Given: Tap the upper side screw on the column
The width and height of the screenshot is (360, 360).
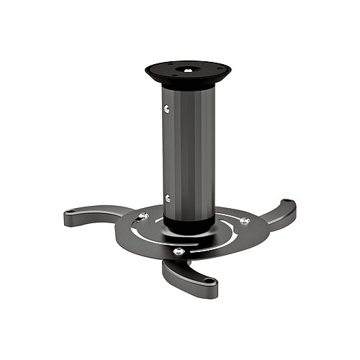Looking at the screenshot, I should coord(168,109).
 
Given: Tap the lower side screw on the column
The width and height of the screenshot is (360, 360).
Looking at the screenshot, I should coord(167,198).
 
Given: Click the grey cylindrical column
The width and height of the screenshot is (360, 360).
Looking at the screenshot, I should coord(189,144).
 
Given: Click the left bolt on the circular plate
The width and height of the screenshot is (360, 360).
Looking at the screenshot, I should coord(144,216).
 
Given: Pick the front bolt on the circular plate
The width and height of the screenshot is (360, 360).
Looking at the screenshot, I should coord(179,251).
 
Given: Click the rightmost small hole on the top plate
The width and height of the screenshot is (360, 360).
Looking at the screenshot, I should coord(217,71).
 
